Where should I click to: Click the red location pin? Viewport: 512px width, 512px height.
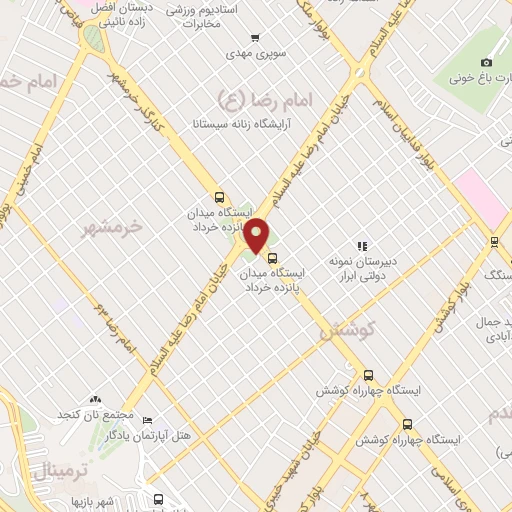pos(258,235)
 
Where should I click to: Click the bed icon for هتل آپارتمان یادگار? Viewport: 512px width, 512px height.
pos(147,421)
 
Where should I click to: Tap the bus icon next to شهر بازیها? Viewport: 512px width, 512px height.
pos(158,499)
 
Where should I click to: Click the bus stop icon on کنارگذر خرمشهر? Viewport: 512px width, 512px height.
pos(219,197)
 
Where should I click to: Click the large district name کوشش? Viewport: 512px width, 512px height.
pos(345,331)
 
